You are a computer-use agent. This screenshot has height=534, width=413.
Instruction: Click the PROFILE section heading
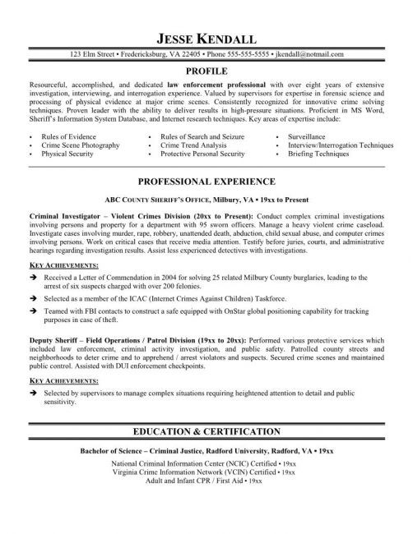(206, 71)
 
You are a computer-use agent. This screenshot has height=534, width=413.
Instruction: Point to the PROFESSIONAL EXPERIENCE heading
(206, 181)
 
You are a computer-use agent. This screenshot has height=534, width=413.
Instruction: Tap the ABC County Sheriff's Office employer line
(206, 198)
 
